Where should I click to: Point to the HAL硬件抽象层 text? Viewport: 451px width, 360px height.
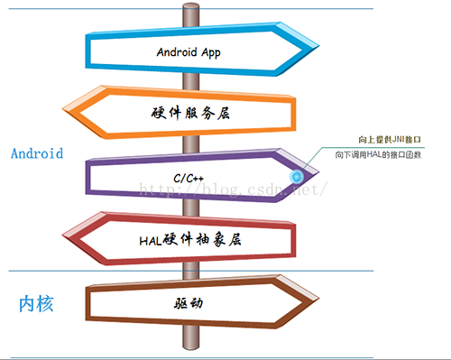click(x=192, y=241)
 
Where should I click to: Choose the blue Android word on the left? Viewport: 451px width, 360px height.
click(x=37, y=153)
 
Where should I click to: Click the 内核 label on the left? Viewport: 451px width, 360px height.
click(x=37, y=303)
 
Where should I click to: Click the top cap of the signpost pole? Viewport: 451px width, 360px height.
click(x=189, y=7)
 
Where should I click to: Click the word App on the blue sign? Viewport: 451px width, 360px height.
click(x=209, y=52)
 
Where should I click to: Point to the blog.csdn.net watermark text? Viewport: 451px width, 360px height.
click(x=231, y=190)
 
